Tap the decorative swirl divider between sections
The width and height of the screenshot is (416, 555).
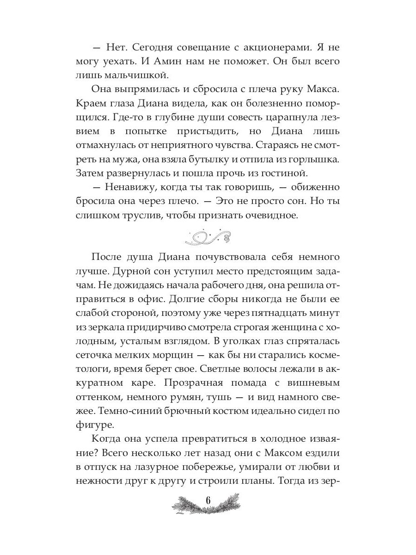click(x=208, y=237)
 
